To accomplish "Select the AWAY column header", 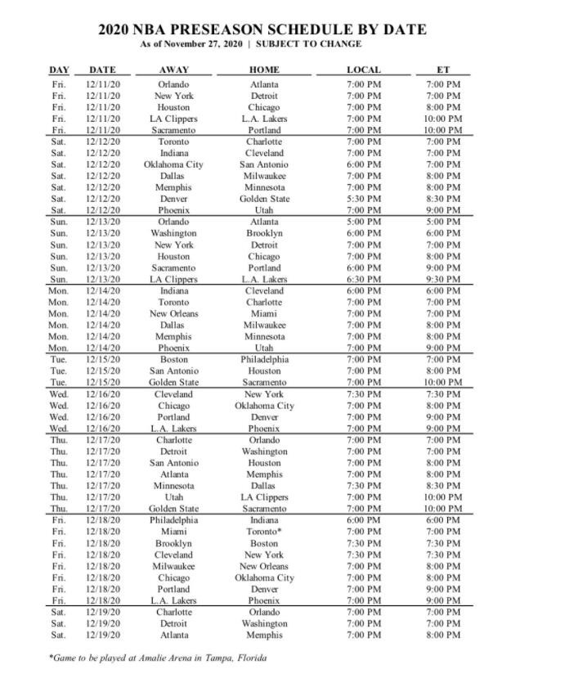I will coord(173,70).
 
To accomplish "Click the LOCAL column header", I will coord(363,70).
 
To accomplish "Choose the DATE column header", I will coord(102,70).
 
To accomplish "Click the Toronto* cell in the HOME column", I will coord(264,532).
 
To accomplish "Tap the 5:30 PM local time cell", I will coord(363,199).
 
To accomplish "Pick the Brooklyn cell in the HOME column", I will coord(264,234).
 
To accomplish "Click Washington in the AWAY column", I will coord(173,234).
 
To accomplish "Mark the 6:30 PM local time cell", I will coord(363,280).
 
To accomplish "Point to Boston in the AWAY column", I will coord(173,360).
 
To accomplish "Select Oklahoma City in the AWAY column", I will coord(173,164).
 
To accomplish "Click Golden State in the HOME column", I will coord(264,199).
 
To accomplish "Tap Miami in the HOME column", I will coord(264,314).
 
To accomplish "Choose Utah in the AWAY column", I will coord(173,497).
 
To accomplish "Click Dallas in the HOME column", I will coord(264,486).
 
